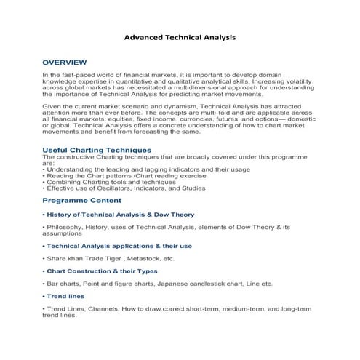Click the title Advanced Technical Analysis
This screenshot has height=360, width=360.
pos(180,36)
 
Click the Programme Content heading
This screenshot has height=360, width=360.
pos(81,200)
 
